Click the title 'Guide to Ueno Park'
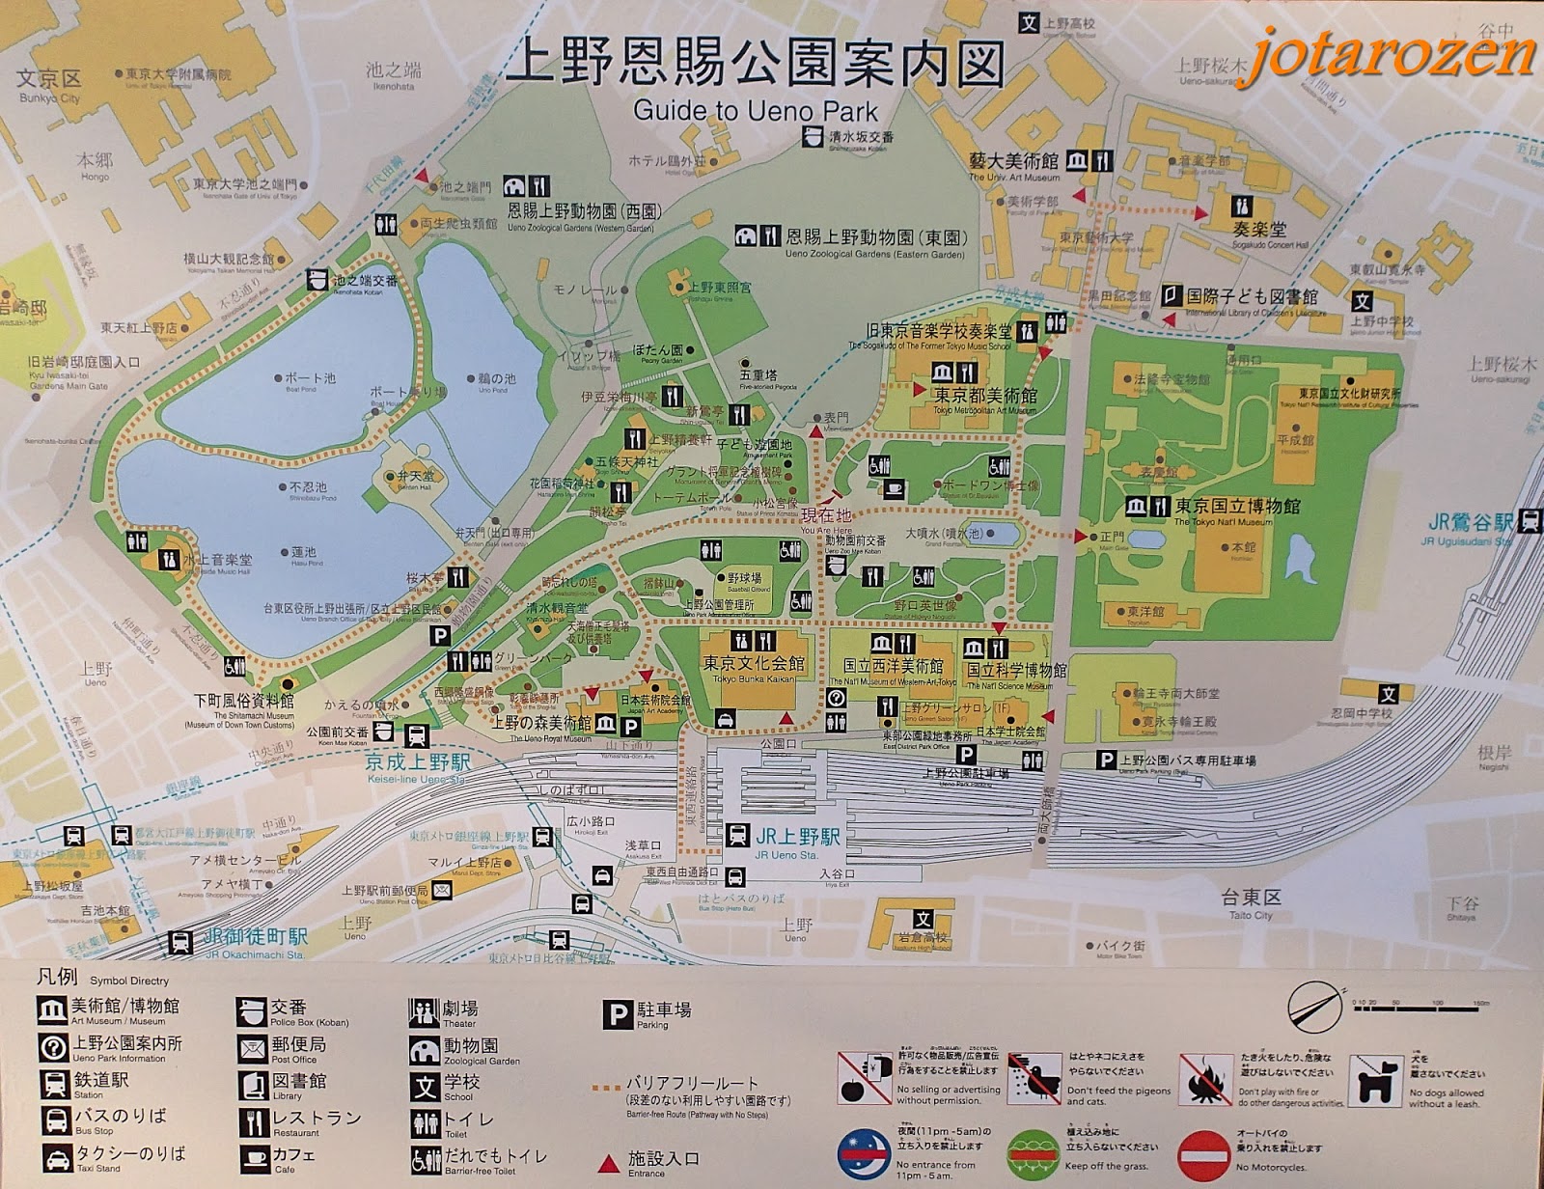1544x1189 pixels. coord(756,110)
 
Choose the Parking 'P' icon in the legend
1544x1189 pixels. coord(617,1014)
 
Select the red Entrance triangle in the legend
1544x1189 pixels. coord(609,1159)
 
